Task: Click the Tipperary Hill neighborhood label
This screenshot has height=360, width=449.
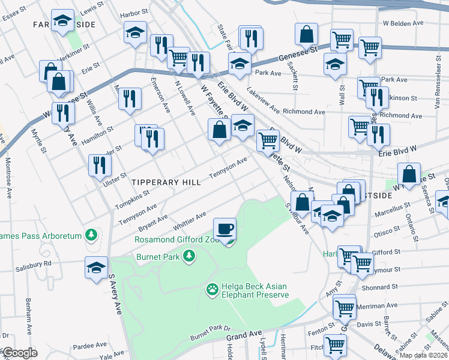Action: coord(161,182)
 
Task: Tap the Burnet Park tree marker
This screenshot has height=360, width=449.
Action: coord(190,257)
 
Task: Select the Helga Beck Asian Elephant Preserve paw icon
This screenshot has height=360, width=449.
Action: coord(212,290)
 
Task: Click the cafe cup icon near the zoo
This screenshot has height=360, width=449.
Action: coord(225,229)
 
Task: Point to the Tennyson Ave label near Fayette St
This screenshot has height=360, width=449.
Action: coord(228,167)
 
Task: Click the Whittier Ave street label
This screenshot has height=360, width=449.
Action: coord(190,221)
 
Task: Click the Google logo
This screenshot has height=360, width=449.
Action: coord(20,353)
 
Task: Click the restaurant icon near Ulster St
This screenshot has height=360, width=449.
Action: coord(100,166)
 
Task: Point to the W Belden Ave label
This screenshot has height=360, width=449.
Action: coord(403,23)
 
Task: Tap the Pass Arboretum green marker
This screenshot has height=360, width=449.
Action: coord(91,235)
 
